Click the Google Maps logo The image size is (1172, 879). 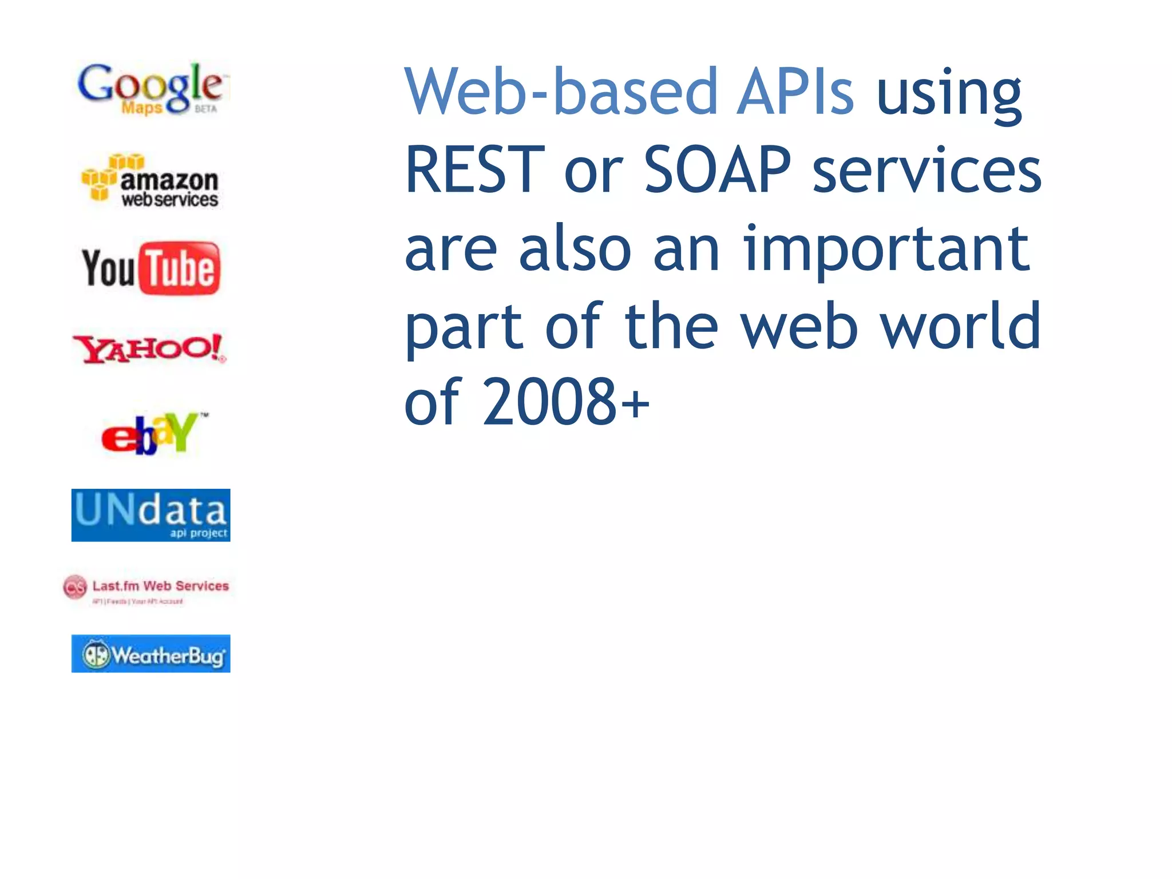(150, 89)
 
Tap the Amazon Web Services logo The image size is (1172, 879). (150, 180)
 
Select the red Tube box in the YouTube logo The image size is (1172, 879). (180, 268)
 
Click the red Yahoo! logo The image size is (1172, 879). (149, 349)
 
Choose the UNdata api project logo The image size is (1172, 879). (151, 514)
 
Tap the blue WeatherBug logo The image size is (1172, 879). (151, 654)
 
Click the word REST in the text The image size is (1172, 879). (474, 170)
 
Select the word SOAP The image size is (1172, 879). (717, 170)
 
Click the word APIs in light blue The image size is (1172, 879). (795, 92)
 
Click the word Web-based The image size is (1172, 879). (561, 92)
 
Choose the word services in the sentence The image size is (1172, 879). (926, 170)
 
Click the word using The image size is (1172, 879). (949, 94)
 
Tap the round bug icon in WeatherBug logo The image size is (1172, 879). (96, 654)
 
